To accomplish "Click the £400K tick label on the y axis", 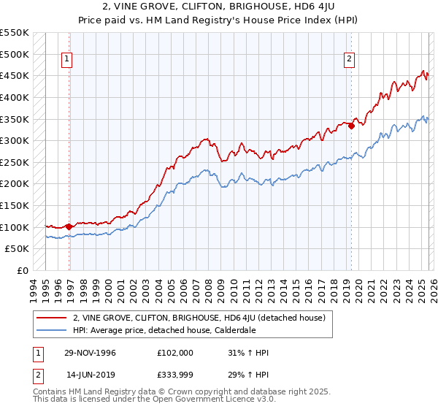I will pyautogui.click(x=15, y=97).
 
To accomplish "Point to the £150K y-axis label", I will pyautogui.click(x=15, y=205).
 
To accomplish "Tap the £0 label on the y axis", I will pyautogui.click(x=23, y=270).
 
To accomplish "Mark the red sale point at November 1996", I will pyautogui.click(x=69, y=226).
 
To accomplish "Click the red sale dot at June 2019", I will pyautogui.click(x=351, y=126).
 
